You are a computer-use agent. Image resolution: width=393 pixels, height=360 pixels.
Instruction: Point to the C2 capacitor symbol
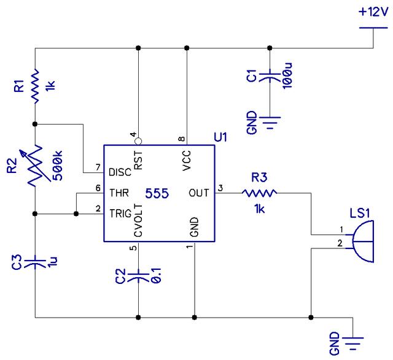138,275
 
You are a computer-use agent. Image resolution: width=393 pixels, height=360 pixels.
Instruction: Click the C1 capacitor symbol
269,77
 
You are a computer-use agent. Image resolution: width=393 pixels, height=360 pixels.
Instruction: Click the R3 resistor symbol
260,193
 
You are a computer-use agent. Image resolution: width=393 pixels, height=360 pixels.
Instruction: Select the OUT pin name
199,193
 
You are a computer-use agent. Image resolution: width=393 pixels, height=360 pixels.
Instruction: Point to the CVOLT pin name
138,224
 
